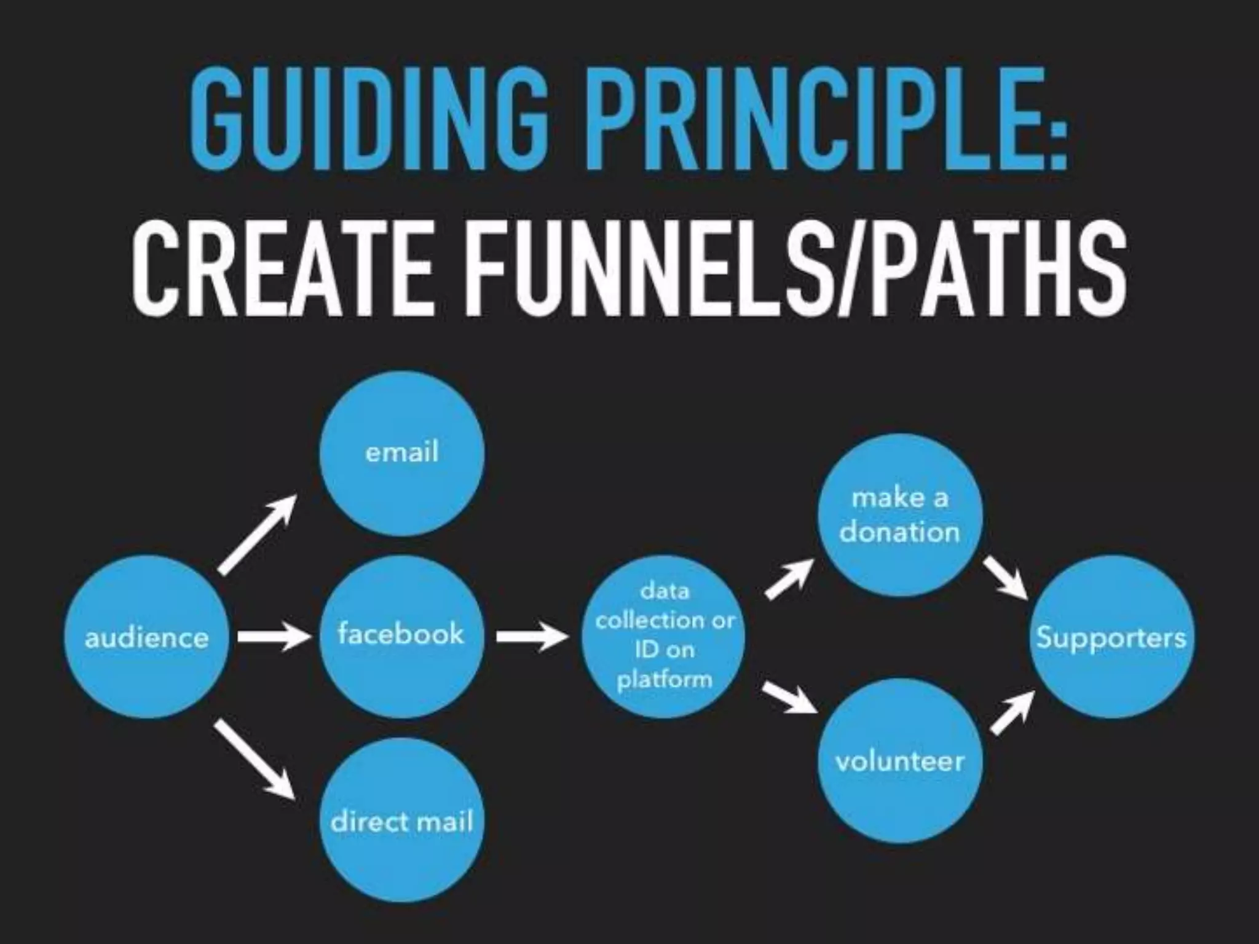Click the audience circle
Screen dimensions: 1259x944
click(146, 637)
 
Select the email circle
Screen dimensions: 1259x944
click(402, 454)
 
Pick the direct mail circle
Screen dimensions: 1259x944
click(402, 820)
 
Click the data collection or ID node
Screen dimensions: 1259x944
click(664, 636)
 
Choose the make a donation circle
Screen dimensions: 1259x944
click(899, 515)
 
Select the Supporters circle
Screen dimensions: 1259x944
click(1111, 637)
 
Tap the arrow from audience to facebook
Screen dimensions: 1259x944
click(274, 637)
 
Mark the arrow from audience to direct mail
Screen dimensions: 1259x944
click(255, 761)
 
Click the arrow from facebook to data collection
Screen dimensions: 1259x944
click(532, 637)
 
